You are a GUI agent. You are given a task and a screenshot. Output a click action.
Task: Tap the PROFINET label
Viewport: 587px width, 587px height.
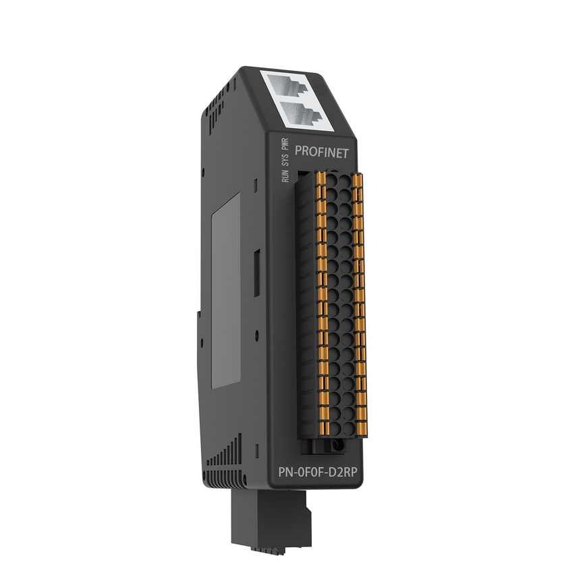[x=322, y=152]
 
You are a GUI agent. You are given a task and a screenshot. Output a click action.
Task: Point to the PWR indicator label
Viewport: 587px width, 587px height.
[x=285, y=144]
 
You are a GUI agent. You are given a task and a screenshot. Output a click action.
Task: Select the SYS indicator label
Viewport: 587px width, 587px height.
[x=285, y=159]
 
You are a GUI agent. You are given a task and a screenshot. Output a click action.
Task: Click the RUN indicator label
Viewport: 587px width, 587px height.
[x=285, y=175]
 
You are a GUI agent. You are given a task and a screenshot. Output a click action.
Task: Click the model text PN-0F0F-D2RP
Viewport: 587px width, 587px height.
[x=318, y=472]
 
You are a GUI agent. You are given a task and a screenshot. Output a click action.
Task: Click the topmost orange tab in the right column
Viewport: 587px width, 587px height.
[x=358, y=179]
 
